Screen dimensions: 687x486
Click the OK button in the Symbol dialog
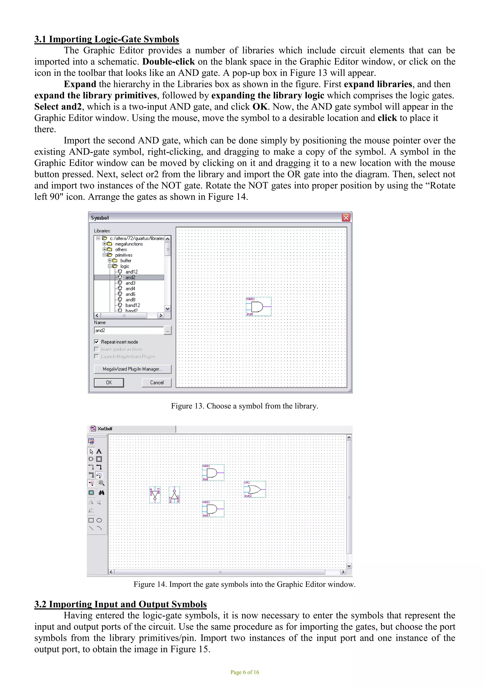[109, 382]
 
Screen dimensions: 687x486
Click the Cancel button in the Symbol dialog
[157, 382]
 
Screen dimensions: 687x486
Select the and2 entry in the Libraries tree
[130, 277]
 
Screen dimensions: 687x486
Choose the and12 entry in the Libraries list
[131, 272]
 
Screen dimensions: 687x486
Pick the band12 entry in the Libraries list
[133, 305]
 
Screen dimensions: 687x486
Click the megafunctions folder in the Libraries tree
[129, 244]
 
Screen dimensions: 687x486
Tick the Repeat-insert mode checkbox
[97, 342]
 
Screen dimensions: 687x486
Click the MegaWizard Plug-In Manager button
[133, 369]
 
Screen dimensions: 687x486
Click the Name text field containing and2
[129, 330]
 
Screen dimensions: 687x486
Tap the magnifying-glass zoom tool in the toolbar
[102, 483]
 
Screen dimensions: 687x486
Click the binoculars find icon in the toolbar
[102, 492]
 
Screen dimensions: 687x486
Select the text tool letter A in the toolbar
[99, 451]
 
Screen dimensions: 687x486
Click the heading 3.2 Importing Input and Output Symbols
[120, 604]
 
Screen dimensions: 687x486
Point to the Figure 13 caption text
[244, 406]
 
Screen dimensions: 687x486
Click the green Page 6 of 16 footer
[244, 672]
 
